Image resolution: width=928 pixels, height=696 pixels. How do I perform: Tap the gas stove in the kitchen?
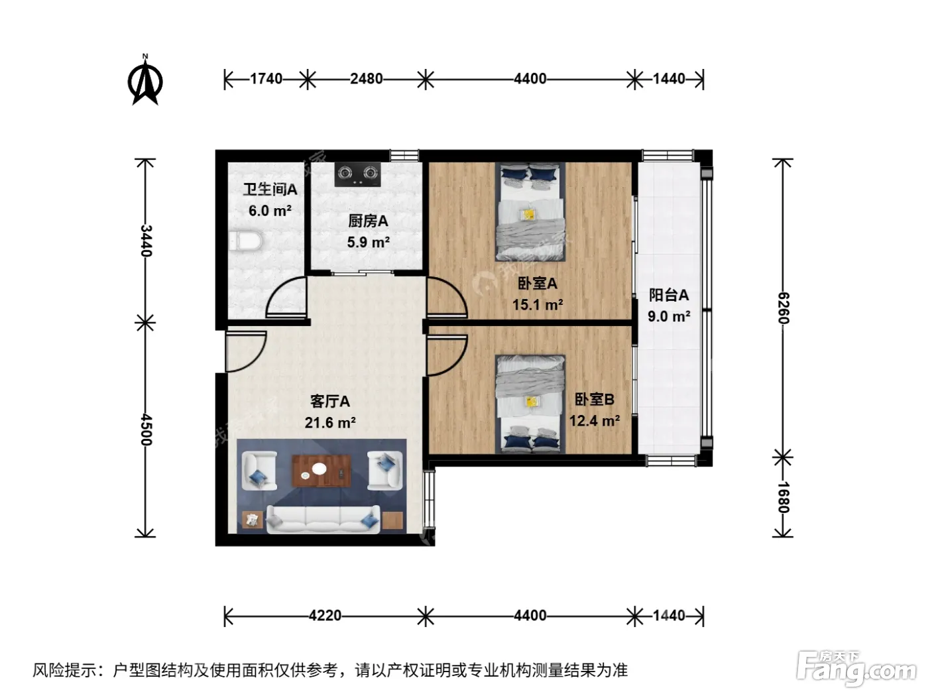357,174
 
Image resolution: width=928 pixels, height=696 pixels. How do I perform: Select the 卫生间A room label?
270,190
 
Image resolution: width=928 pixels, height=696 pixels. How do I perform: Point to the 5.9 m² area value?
369,242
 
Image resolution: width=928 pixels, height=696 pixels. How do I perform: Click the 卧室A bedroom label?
538,283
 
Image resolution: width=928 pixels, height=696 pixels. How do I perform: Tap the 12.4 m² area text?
595,420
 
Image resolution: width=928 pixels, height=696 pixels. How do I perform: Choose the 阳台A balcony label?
669,295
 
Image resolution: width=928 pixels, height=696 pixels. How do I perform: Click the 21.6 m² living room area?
330,422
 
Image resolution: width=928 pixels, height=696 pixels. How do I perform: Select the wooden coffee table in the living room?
321,471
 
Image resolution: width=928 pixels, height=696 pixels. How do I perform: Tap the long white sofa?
323,520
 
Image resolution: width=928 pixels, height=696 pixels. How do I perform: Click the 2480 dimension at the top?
366,79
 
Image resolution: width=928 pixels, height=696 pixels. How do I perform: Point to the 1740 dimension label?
266,79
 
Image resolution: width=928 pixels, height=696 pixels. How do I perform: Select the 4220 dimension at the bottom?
325,616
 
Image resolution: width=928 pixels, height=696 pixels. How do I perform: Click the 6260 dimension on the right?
783,308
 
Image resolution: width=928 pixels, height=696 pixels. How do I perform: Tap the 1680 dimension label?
783,497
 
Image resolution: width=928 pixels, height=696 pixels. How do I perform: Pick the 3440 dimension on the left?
146,241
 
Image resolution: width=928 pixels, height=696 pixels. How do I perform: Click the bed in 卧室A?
530,211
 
